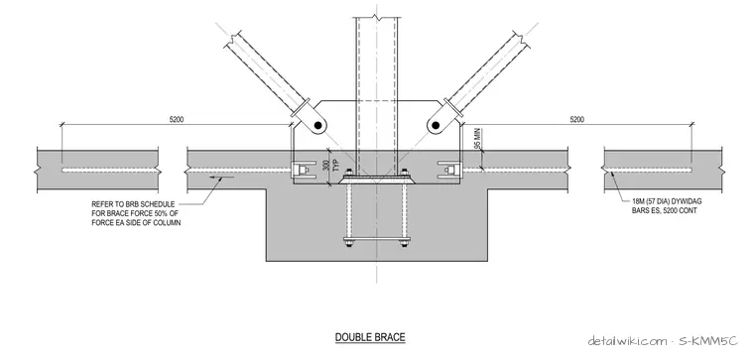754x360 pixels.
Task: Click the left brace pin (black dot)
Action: pos(317,125)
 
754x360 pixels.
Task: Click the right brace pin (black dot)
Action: pos(436,125)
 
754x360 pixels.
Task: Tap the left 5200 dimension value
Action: pos(177,119)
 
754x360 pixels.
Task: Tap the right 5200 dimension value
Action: pos(577,119)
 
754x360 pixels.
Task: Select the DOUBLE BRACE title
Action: pos(370,337)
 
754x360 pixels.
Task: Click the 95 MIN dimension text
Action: pos(477,139)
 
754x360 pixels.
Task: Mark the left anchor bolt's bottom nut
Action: pos(347,243)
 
